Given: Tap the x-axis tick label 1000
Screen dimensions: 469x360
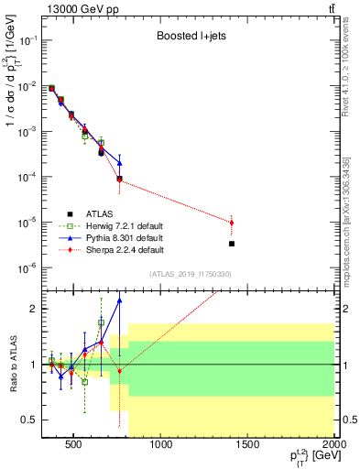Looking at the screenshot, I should click(x=161, y=447).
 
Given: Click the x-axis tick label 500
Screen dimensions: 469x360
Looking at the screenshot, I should click(x=77, y=447).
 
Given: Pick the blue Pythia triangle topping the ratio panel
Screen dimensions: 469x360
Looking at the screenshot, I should click(x=119, y=300).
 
